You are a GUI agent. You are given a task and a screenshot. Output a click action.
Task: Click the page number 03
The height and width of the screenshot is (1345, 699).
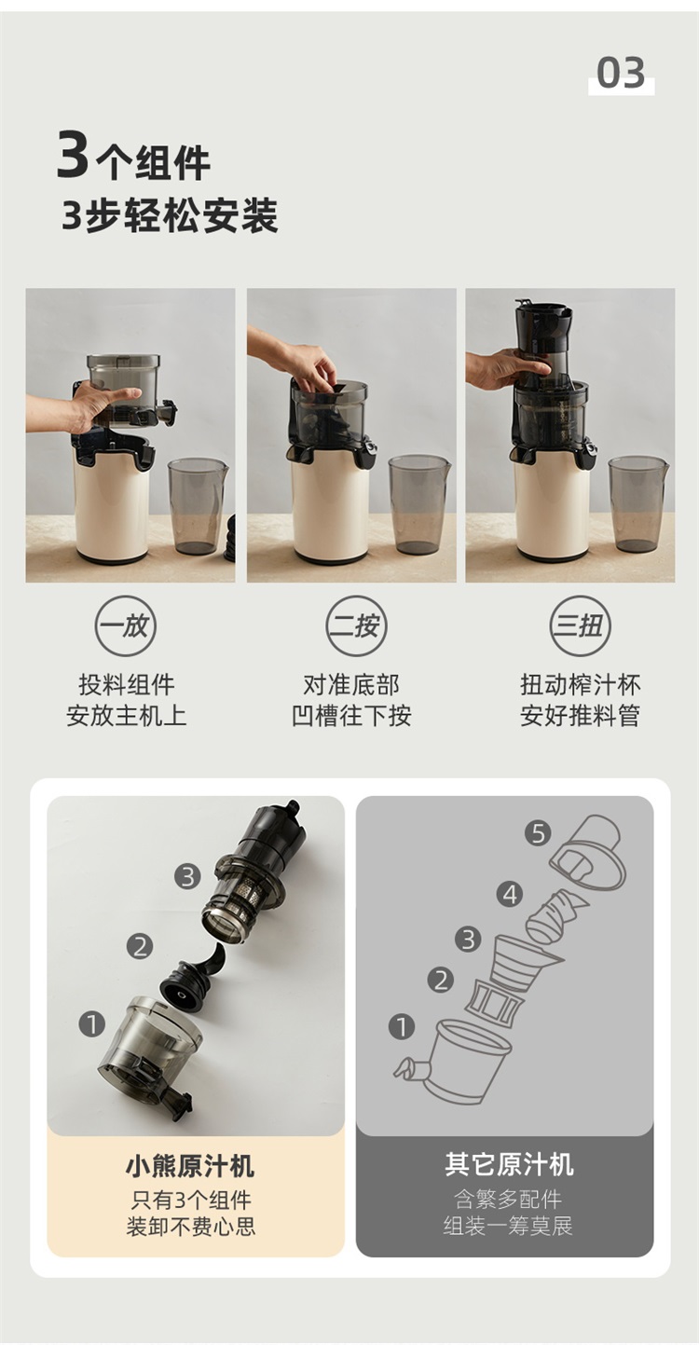pos(621,73)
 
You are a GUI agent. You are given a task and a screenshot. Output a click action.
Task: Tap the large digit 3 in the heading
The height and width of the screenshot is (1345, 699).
pos(73,156)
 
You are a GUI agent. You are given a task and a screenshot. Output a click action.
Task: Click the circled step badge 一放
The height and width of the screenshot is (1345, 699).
pos(126,625)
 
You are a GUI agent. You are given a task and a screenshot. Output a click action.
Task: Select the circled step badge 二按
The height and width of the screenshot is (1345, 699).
pos(356,625)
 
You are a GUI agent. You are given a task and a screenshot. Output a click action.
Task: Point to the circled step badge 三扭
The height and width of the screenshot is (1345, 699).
pos(581,625)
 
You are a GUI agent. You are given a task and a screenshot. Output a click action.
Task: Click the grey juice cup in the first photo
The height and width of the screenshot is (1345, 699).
pos(198,506)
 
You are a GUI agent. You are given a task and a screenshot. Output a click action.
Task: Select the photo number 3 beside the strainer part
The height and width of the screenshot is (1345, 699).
pos(187,877)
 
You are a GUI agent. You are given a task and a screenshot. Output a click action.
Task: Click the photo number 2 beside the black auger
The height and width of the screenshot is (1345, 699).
pos(139,947)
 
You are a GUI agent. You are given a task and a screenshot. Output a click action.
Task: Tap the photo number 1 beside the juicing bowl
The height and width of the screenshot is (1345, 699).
pos(92,1023)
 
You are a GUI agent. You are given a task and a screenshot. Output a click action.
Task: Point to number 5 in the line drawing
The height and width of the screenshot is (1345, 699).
pos(538,833)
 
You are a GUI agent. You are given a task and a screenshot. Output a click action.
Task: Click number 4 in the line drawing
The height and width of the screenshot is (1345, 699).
pos(509,895)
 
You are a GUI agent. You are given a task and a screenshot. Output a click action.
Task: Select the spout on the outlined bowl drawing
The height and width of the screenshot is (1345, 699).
pos(411,1068)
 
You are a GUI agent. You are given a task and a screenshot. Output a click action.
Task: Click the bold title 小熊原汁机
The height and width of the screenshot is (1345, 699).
pos(190,1165)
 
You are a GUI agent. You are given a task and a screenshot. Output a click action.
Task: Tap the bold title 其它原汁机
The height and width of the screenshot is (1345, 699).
pos(509,1164)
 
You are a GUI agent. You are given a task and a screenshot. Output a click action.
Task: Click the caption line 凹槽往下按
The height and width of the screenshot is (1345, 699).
pos(351,716)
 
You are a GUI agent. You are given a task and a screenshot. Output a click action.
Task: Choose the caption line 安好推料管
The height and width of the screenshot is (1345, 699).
pos(580,716)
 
